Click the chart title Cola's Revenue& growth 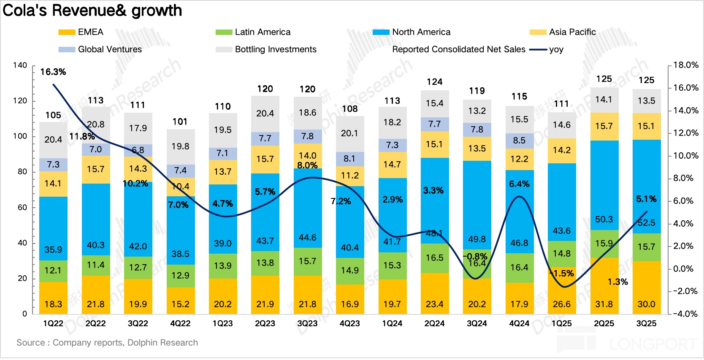tap(92, 11)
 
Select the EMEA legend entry tap(81, 32)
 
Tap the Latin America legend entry tap(253, 32)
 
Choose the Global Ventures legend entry tap(100, 49)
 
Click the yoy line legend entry tap(547, 49)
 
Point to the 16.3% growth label tap(53, 72)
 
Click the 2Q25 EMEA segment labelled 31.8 tap(604, 304)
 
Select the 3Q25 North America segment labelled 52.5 tap(646, 222)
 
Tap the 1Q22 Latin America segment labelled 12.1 tap(53, 271)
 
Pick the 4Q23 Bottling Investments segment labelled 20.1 tap(349, 133)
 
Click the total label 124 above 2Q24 tap(434, 82)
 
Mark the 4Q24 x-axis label tap(519, 324)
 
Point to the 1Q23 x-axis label tap(222, 324)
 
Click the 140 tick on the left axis tap(20, 65)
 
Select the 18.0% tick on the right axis tap(685, 65)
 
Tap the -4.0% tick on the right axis tap(685, 314)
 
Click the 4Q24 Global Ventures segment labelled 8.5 tap(519, 141)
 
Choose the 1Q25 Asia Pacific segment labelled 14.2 tap(562, 150)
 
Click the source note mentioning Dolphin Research tap(107, 343)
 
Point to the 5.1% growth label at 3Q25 tap(646, 199)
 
